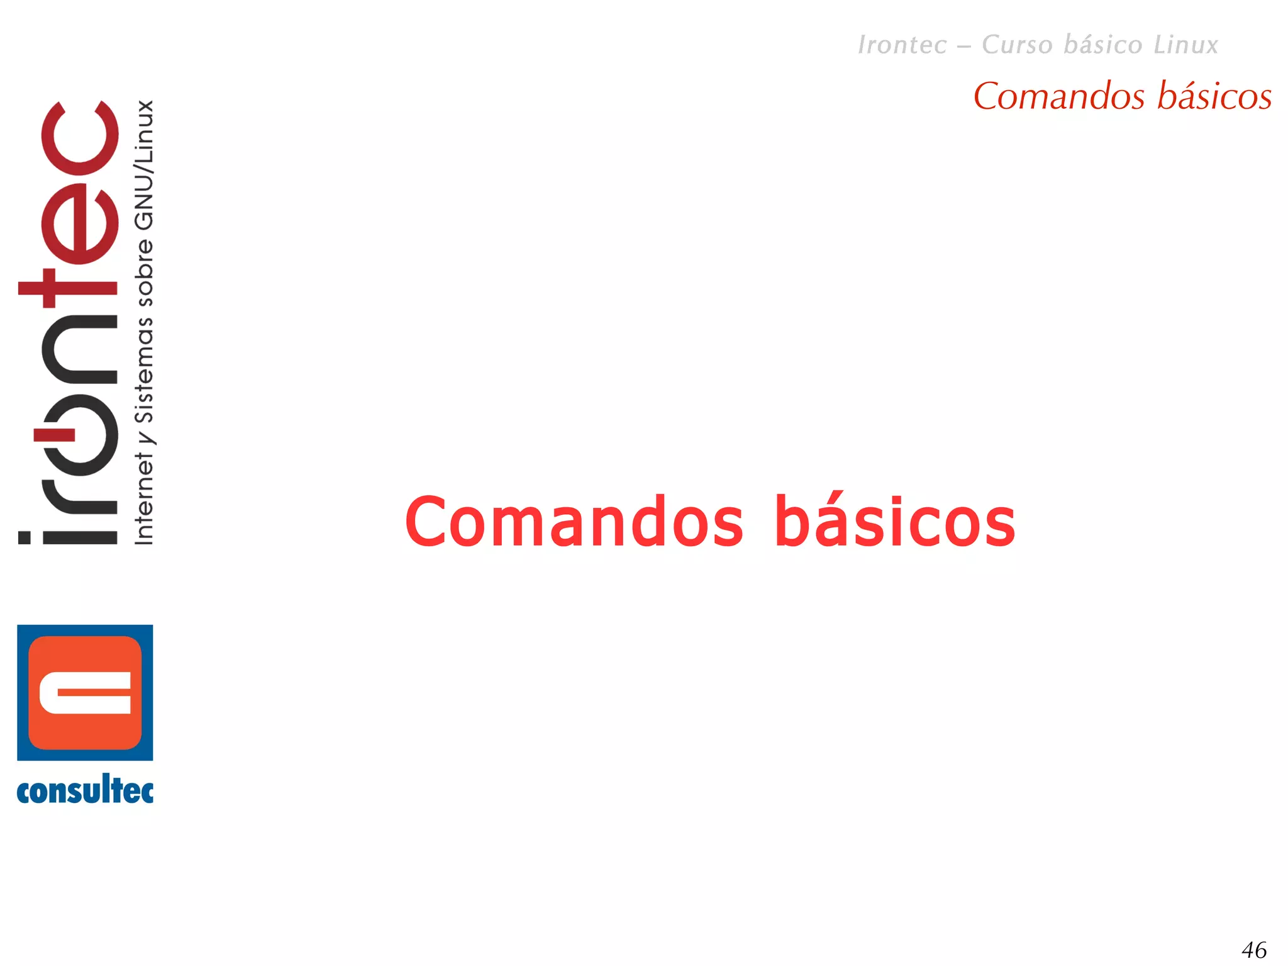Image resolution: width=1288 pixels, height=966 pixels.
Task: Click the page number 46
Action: tap(1254, 950)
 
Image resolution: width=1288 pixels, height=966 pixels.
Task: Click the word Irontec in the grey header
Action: tap(902, 45)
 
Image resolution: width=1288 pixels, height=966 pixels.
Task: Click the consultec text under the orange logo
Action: tap(85, 791)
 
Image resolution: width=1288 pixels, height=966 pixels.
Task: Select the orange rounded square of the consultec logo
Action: tap(85, 692)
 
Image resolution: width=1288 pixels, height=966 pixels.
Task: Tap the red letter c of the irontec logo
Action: tap(79, 138)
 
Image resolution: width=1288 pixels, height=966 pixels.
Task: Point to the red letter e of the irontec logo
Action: tap(80, 223)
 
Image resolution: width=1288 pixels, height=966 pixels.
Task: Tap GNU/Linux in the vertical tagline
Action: tap(144, 165)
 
